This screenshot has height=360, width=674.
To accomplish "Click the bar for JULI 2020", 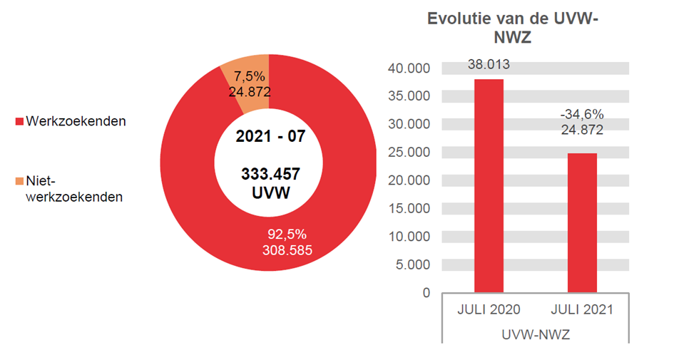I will pyautogui.click(x=489, y=185).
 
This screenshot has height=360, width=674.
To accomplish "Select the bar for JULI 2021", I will pyautogui.click(x=582, y=222).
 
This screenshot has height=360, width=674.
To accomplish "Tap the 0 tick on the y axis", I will pyautogui.click(x=427, y=292).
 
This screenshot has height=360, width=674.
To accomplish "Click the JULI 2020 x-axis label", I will pyautogui.click(x=489, y=310).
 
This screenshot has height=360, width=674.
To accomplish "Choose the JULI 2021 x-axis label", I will pyautogui.click(x=582, y=310).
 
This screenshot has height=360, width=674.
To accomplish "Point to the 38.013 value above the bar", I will pyautogui.click(x=489, y=65).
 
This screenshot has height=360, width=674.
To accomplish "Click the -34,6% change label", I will pyautogui.click(x=582, y=114).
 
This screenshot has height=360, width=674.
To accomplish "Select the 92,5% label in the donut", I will pyautogui.click(x=285, y=234).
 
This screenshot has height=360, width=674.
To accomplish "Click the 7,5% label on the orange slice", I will pyautogui.click(x=249, y=76).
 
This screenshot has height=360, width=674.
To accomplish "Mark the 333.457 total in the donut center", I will pyautogui.click(x=270, y=175).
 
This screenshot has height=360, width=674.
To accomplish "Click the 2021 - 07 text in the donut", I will pyautogui.click(x=270, y=136).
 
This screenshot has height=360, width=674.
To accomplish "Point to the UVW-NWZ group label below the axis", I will pyautogui.click(x=535, y=334).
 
